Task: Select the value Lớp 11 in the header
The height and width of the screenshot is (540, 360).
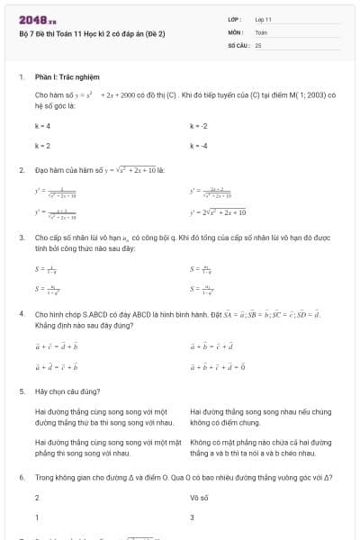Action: click(263, 18)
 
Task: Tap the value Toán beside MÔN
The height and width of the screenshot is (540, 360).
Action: click(261, 31)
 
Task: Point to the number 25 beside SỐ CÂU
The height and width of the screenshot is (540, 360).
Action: click(258, 43)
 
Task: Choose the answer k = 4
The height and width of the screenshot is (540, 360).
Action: click(42, 127)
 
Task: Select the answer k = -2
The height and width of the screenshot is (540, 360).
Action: click(199, 127)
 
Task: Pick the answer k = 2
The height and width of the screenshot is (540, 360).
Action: click(42, 145)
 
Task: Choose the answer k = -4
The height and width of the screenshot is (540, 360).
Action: click(199, 145)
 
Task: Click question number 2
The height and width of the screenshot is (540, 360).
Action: click(21, 169)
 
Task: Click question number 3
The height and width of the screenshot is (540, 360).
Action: click(21, 238)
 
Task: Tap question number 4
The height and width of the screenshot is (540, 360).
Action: click(21, 314)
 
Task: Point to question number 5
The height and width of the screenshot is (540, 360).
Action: click(21, 392)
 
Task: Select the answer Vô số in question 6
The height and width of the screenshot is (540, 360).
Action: click(199, 497)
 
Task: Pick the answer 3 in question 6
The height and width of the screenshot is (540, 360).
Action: click(193, 517)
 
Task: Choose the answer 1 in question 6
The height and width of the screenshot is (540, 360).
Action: click(37, 517)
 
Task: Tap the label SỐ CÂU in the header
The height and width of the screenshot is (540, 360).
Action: click(238, 43)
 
